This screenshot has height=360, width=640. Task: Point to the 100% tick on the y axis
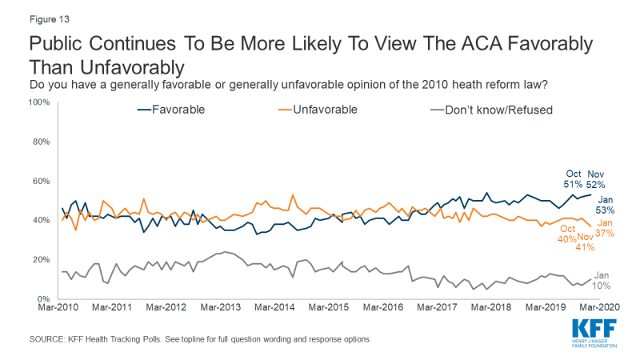(x=41, y=102)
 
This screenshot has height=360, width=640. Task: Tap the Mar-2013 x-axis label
(x=221, y=306)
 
